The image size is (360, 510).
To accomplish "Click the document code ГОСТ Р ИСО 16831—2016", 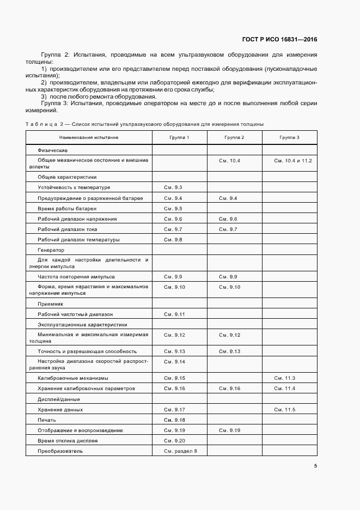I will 279,40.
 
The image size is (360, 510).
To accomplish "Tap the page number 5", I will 315,465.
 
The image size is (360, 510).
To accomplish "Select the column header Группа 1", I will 179,138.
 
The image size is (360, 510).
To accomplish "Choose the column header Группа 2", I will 234,138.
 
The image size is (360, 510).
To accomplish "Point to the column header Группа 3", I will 289,138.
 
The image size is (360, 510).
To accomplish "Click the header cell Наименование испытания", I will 89,138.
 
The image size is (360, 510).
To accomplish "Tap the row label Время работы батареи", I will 67,208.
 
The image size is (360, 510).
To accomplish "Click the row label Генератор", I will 51,250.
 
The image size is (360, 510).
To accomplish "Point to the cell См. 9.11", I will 174,314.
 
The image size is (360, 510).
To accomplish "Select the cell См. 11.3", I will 285,378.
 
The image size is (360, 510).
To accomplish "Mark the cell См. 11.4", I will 285,388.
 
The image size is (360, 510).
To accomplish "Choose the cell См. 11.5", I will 285,409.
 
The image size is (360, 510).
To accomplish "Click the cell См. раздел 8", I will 180,451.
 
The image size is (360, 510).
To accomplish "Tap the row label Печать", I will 47,420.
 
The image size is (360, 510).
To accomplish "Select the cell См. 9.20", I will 174,440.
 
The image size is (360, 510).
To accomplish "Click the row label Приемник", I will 51,304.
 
